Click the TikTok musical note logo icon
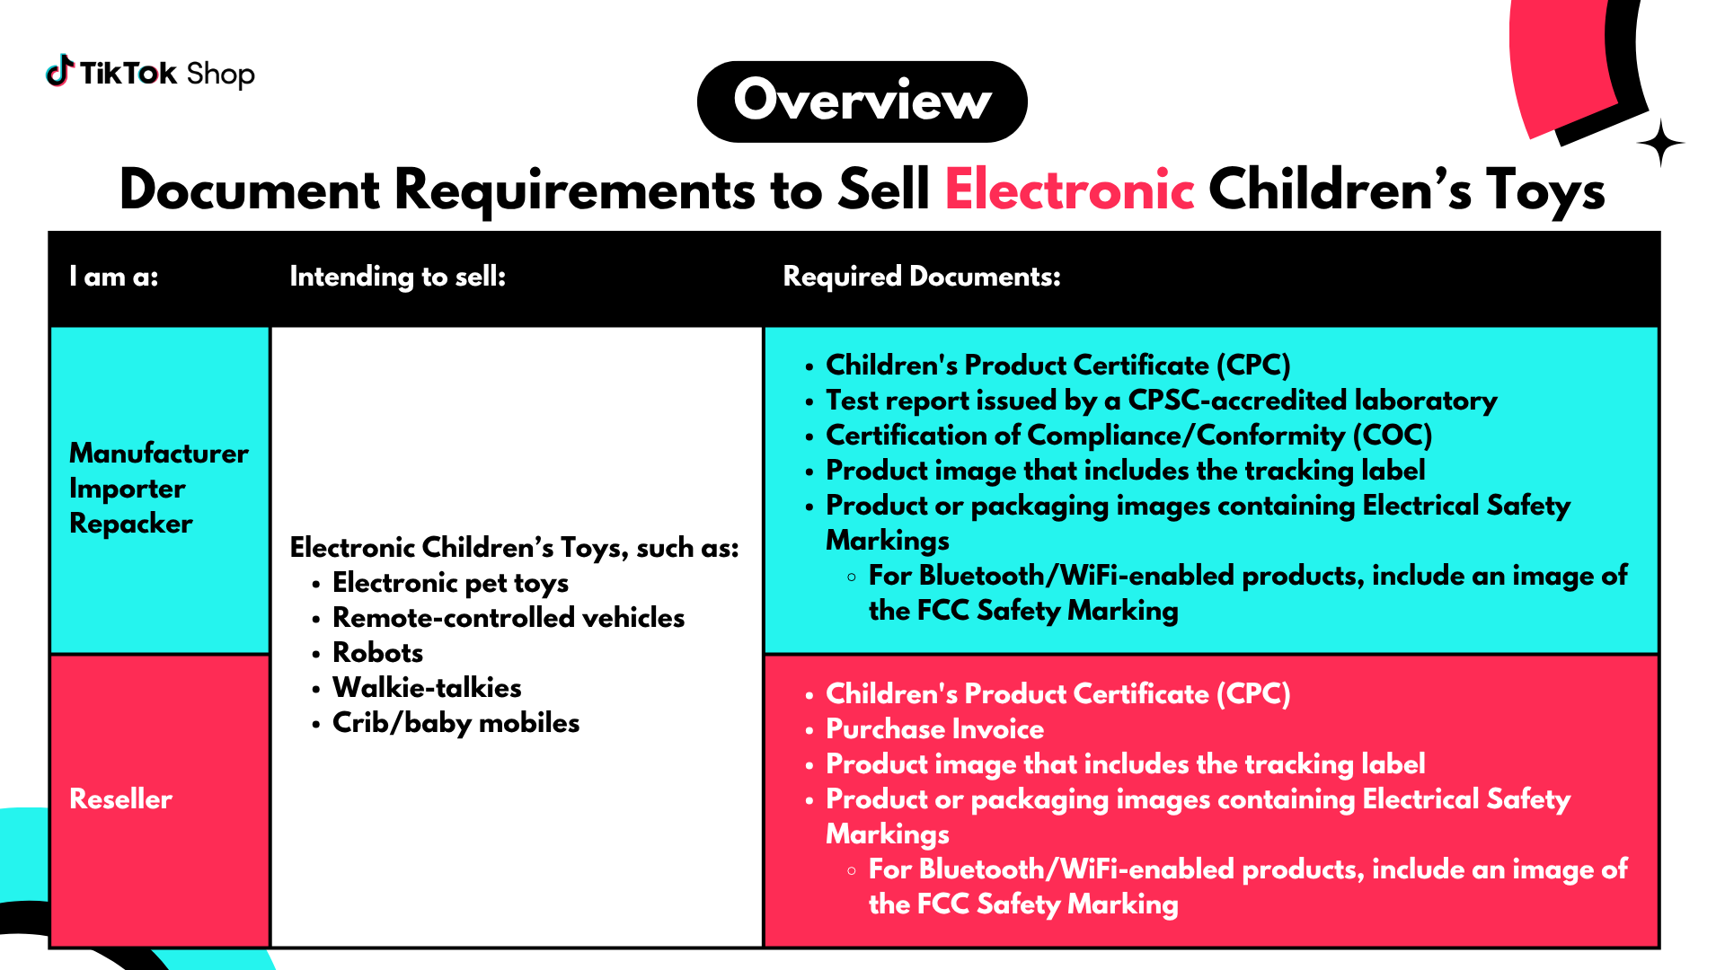click(x=59, y=71)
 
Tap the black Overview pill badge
click(x=862, y=101)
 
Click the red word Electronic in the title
click(x=1069, y=190)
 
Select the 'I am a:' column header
click(x=114, y=277)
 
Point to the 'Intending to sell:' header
click(x=398, y=277)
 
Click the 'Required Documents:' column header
click(x=922, y=277)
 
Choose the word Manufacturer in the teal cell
click(x=159, y=453)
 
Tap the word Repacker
click(x=131, y=524)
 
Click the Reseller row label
click(x=121, y=799)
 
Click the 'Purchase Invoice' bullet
click(x=934, y=729)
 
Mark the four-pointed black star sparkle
click(x=1660, y=143)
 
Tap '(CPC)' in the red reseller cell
click(x=1253, y=694)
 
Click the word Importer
click(x=128, y=489)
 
